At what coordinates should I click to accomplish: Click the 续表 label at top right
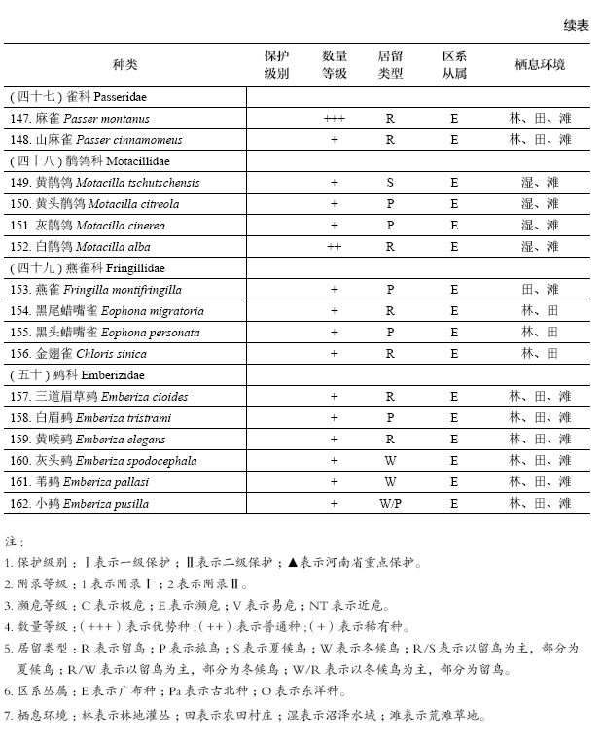click(x=576, y=26)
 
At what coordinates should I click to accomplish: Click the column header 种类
click(x=125, y=65)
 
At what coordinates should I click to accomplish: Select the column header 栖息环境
click(x=540, y=65)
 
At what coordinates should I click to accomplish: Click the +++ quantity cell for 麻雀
click(x=334, y=119)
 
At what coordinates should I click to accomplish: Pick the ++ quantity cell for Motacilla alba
click(x=334, y=247)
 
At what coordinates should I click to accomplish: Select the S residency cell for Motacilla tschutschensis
click(x=390, y=183)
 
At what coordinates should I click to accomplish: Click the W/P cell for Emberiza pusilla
click(x=390, y=504)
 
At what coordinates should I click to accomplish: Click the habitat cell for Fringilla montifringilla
click(x=540, y=290)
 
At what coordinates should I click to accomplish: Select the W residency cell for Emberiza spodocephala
click(x=390, y=461)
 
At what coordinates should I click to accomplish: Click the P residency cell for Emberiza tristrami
click(x=390, y=418)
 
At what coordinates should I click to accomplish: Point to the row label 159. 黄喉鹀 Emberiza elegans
click(x=88, y=440)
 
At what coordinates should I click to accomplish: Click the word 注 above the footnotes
click(x=13, y=541)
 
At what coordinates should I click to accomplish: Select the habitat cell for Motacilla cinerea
click(x=540, y=226)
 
